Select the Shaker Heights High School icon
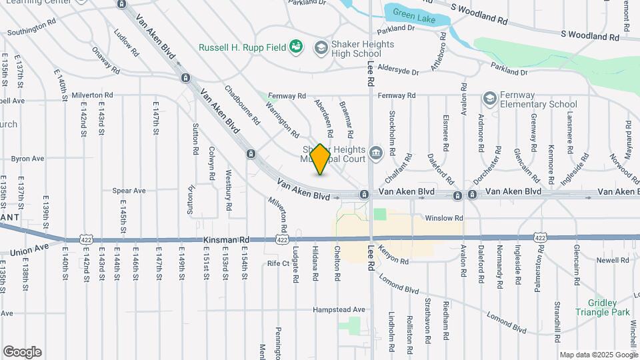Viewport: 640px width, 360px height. point(321,46)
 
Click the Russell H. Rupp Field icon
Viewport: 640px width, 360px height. point(295,46)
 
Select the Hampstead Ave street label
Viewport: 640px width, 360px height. point(340,309)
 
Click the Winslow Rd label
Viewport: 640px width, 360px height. point(443,218)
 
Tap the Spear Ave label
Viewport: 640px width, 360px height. point(129,191)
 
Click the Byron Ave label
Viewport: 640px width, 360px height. point(27,159)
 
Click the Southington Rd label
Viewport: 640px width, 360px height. point(31,28)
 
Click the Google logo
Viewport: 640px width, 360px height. point(22,352)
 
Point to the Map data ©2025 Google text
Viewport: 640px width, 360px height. point(598,355)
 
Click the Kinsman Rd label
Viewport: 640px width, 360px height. point(226,239)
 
